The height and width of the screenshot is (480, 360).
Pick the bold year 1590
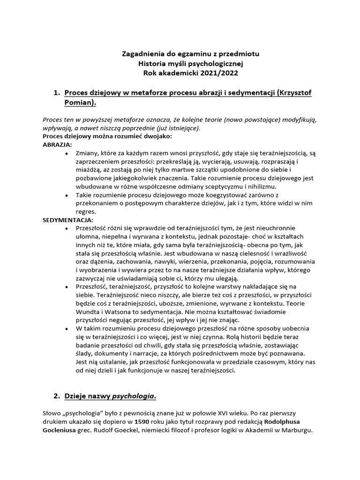(x=143, y=422)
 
